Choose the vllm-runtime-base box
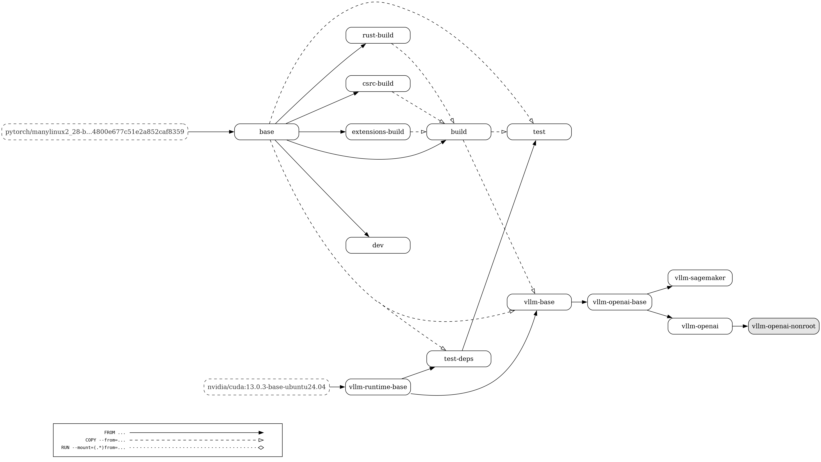(x=378, y=387)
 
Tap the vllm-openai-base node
(x=620, y=302)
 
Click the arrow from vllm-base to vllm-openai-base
(x=579, y=302)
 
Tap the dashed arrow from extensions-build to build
(x=419, y=132)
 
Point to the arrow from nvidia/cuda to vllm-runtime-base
(x=337, y=387)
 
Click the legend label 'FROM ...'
(x=115, y=433)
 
